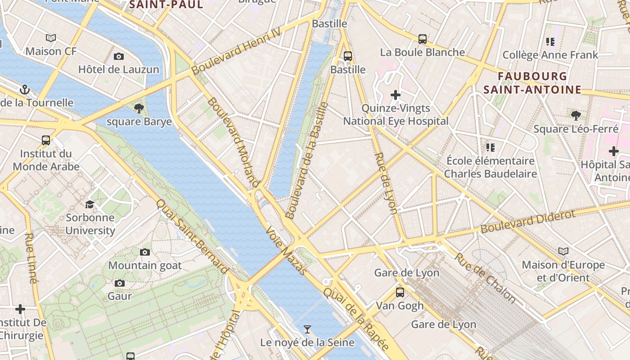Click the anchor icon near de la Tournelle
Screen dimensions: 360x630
25,90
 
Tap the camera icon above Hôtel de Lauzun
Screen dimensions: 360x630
119,56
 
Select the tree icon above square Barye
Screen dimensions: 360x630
139,108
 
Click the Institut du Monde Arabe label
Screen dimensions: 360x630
46,160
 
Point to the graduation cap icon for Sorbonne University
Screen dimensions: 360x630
90,205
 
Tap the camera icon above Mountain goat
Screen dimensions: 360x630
145,252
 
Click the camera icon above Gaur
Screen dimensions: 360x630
119,283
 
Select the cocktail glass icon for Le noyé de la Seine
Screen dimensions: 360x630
307,329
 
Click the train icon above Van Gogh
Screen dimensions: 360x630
400,292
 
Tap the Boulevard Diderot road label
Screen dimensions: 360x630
527,221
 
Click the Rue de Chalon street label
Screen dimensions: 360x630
485,277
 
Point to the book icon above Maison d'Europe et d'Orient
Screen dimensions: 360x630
563,251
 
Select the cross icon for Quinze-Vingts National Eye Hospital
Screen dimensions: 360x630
396,95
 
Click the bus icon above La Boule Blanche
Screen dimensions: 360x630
422,39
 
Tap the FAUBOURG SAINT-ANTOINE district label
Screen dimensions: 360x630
532,83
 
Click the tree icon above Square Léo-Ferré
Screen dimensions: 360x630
576,116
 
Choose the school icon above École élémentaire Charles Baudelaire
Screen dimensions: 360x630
490,147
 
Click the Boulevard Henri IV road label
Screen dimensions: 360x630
236,51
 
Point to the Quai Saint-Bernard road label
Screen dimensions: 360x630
192,236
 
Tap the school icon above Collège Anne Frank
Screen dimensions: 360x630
550,42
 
